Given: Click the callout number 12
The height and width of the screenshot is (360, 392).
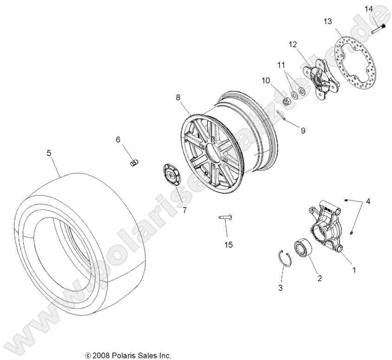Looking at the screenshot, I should pos(292,45).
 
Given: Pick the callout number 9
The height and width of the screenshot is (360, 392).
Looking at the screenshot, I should pos(303,131).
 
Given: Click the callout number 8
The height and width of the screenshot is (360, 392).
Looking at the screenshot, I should pos(178,98).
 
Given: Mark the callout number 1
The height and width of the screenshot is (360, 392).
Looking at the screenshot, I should pos(353,269).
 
